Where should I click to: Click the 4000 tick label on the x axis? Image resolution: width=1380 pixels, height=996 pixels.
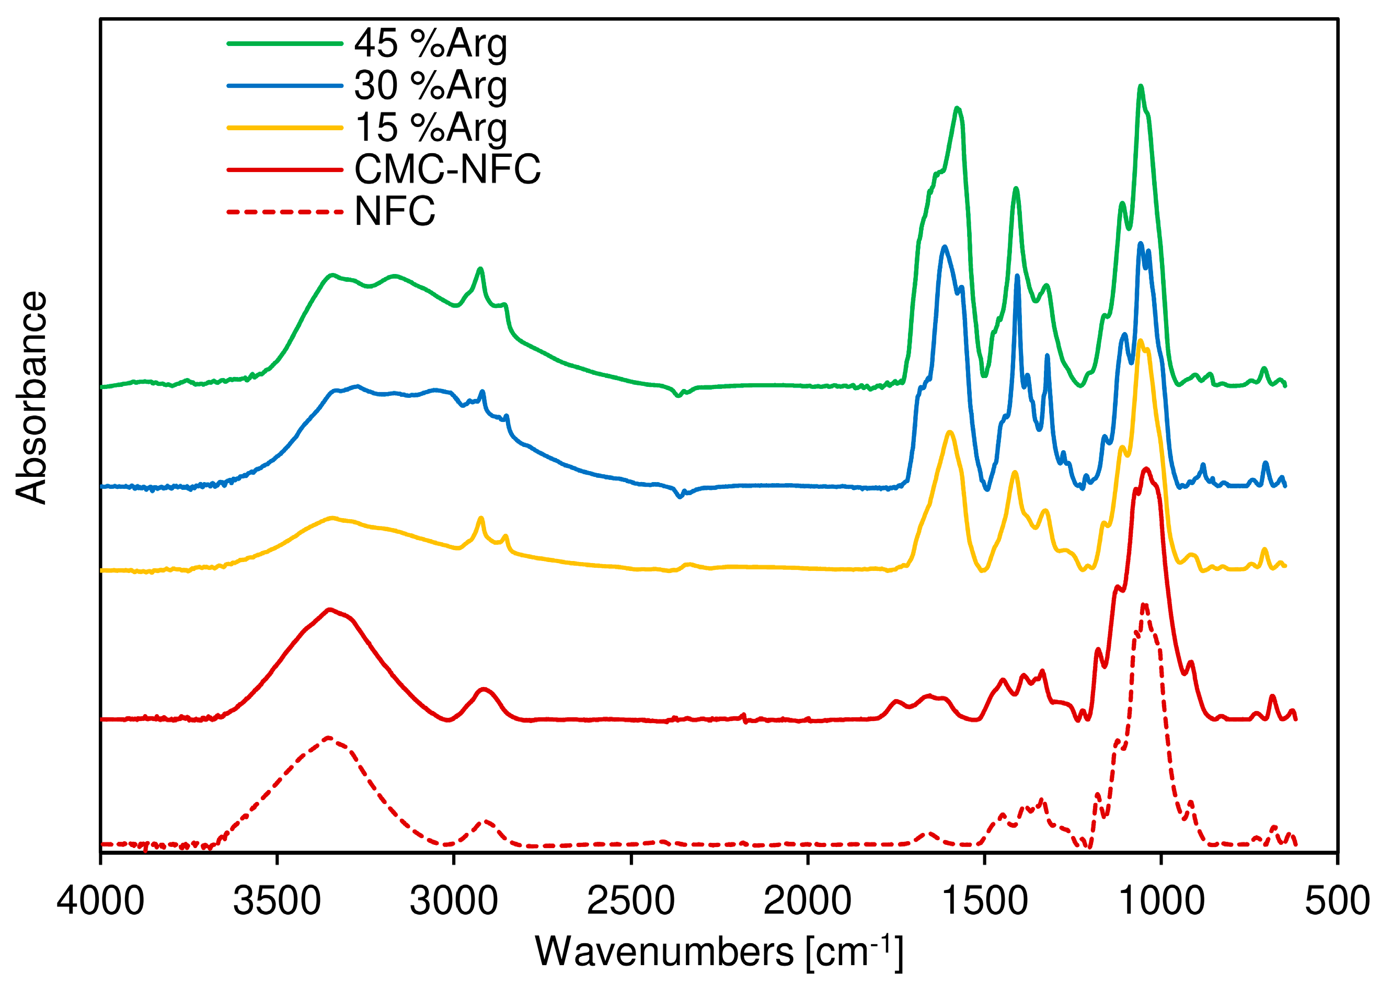point(100,901)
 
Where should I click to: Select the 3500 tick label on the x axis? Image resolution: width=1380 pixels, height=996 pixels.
point(277,901)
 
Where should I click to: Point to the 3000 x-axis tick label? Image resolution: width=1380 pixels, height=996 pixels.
point(454,901)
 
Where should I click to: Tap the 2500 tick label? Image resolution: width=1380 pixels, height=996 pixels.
point(631,901)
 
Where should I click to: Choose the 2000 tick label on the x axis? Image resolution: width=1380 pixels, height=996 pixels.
point(808,901)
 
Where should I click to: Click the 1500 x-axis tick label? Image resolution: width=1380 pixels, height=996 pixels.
point(984,901)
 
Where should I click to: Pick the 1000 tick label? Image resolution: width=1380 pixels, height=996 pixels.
point(1161,901)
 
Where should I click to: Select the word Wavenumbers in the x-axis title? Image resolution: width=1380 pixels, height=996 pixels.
point(664,952)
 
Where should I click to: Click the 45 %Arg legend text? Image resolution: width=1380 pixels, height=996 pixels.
point(430,44)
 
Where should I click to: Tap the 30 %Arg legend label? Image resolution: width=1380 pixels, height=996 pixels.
point(430,86)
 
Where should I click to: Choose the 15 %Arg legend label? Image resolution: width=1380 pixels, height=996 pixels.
point(430,128)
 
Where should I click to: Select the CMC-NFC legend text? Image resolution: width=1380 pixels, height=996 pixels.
point(447,169)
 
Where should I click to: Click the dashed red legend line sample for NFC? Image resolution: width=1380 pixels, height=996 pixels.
point(285,212)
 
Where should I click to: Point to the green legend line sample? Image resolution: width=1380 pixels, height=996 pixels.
point(285,44)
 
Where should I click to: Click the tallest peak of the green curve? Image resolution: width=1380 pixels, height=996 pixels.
point(1140,87)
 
